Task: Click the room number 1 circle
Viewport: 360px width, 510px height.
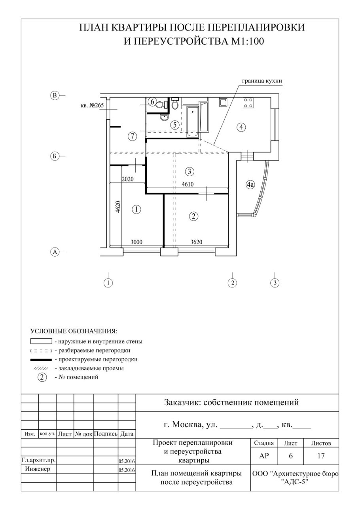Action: click(x=136, y=209)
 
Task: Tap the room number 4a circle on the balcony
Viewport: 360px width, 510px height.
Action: click(x=250, y=184)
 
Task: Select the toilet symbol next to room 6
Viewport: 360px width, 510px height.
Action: click(x=161, y=105)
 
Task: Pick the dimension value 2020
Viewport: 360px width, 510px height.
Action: click(x=128, y=179)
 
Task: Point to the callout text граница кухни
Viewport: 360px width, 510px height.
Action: click(x=262, y=81)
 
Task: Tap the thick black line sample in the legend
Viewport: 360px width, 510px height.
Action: click(x=41, y=360)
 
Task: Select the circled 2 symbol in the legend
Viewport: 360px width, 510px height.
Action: click(x=42, y=377)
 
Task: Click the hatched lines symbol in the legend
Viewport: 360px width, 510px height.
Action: click(x=41, y=369)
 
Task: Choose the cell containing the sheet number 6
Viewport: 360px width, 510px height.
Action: click(x=291, y=456)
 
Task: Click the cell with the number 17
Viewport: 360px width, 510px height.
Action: click(x=321, y=456)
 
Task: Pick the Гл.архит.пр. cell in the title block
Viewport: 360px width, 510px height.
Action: click(x=38, y=461)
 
